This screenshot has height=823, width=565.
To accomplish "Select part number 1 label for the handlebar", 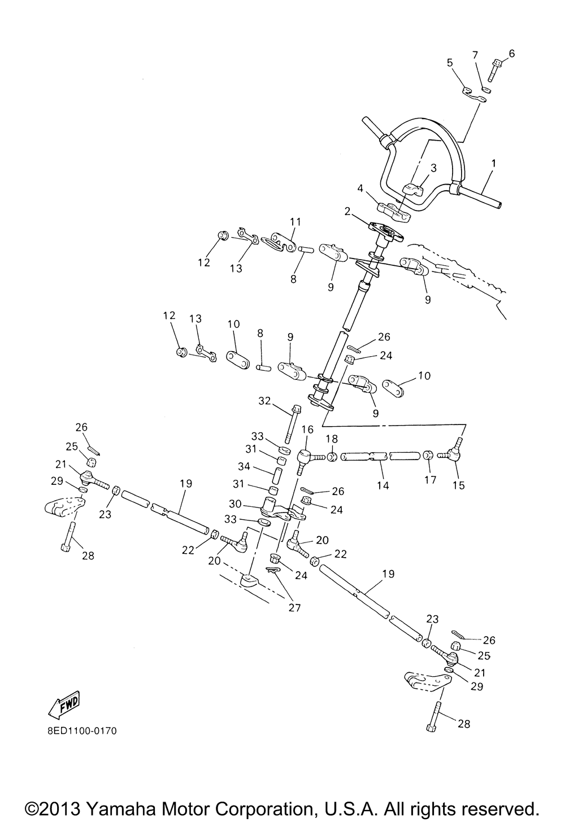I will (x=493, y=164).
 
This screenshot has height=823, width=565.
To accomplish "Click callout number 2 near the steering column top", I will (x=348, y=212).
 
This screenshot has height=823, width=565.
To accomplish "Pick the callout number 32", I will (x=264, y=401).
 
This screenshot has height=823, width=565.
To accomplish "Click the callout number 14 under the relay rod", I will (x=383, y=485).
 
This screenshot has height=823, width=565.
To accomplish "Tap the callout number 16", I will (x=307, y=430).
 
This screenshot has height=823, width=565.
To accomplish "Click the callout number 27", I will (x=294, y=607).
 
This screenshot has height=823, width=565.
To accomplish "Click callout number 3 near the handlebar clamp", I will (x=433, y=168).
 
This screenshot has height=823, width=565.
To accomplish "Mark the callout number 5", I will (x=450, y=63).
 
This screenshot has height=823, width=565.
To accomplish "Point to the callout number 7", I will (x=475, y=55).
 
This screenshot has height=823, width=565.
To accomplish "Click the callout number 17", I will (x=431, y=479).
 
